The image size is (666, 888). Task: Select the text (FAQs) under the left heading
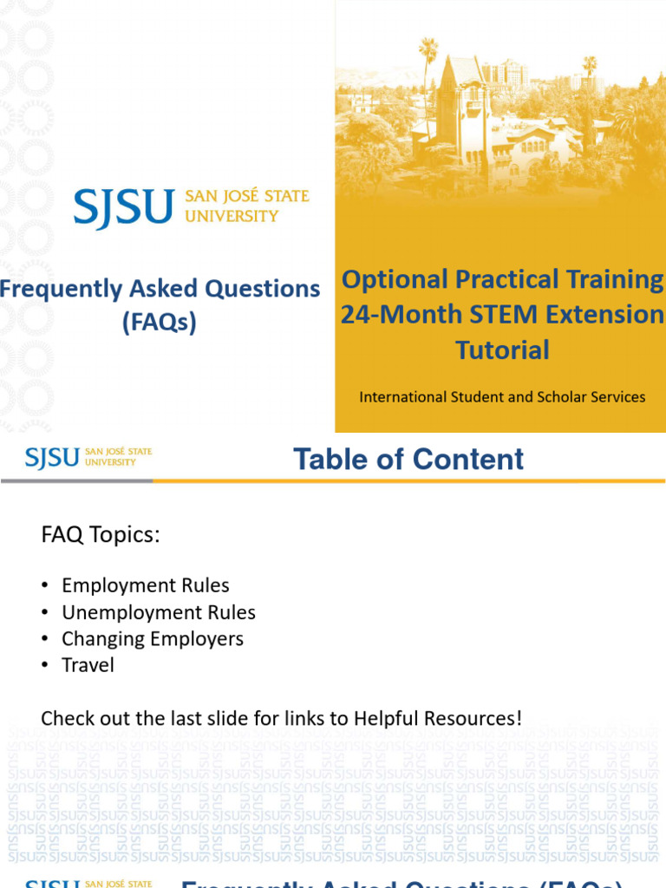click(x=159, y=323)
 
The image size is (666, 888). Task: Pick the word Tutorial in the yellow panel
click(x=502, y=350)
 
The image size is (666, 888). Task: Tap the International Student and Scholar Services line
click(x=502, y=397)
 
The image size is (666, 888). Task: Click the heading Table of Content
click(x=408, y=459)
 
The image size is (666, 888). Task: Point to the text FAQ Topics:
click(x=101, y=535)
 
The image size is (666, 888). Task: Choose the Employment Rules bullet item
click(x=146, y=586)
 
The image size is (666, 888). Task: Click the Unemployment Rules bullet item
click(x=159, y=613)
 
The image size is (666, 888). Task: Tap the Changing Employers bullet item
click(x=153, y=639)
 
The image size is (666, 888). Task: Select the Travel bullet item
click(x=88, y=665)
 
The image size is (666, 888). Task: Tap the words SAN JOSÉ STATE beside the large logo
click(x=247, y=197)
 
